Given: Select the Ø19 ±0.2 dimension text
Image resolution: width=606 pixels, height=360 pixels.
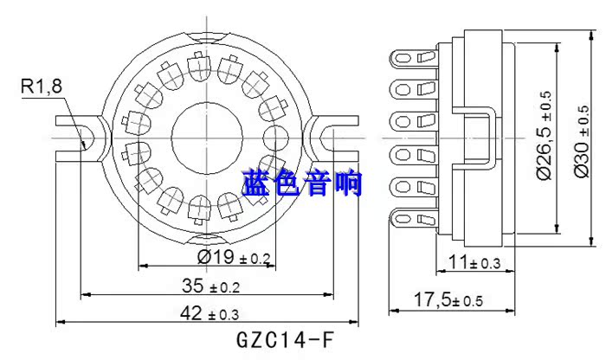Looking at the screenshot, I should pyautogui.click(x=235, y=257).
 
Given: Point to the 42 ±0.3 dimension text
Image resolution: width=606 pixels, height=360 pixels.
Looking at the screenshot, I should pyautogui.click(x=210, y=312).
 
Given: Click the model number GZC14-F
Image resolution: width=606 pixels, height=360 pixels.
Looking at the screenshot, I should pyautogui.click(x=283, y=338).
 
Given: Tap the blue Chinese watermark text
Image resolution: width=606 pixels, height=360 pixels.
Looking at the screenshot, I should pyautogui.click(x=302, y=184).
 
